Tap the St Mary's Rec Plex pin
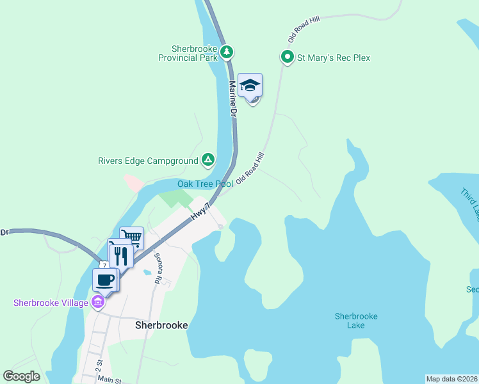click(287, 58)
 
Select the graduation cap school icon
click(250, 85)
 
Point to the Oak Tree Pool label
click(205, 184)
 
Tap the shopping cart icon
click(132, 237)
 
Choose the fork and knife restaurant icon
click(121, 255)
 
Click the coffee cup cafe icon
click(106, 280)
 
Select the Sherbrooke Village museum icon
click(97, 302)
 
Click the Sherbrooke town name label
click(161, 325)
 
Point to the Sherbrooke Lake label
click(356, 321)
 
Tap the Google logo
click(22, 376)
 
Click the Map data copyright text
click(451, 379)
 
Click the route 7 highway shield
click(103, 265)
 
